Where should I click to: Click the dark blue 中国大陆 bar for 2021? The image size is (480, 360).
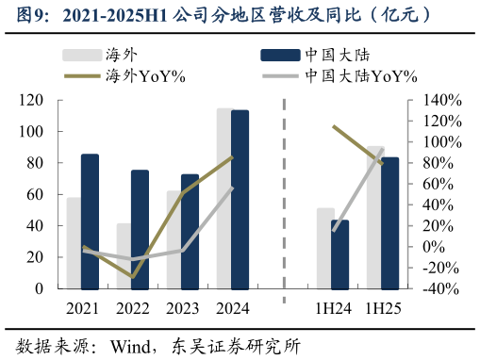coord(90,221)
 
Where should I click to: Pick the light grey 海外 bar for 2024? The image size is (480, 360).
coord(224,199)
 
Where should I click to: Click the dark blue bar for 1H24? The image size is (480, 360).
coord(339,254)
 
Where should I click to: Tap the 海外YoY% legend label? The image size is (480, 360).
coord(146,76)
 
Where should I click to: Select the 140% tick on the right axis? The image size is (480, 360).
coord(441,100)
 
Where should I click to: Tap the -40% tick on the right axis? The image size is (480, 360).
coord(441,289)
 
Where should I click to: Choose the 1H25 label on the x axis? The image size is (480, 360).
coord(382,309)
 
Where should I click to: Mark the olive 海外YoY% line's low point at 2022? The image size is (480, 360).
coord(133,277)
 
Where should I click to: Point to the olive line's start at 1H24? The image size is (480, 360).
coord(332,126)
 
